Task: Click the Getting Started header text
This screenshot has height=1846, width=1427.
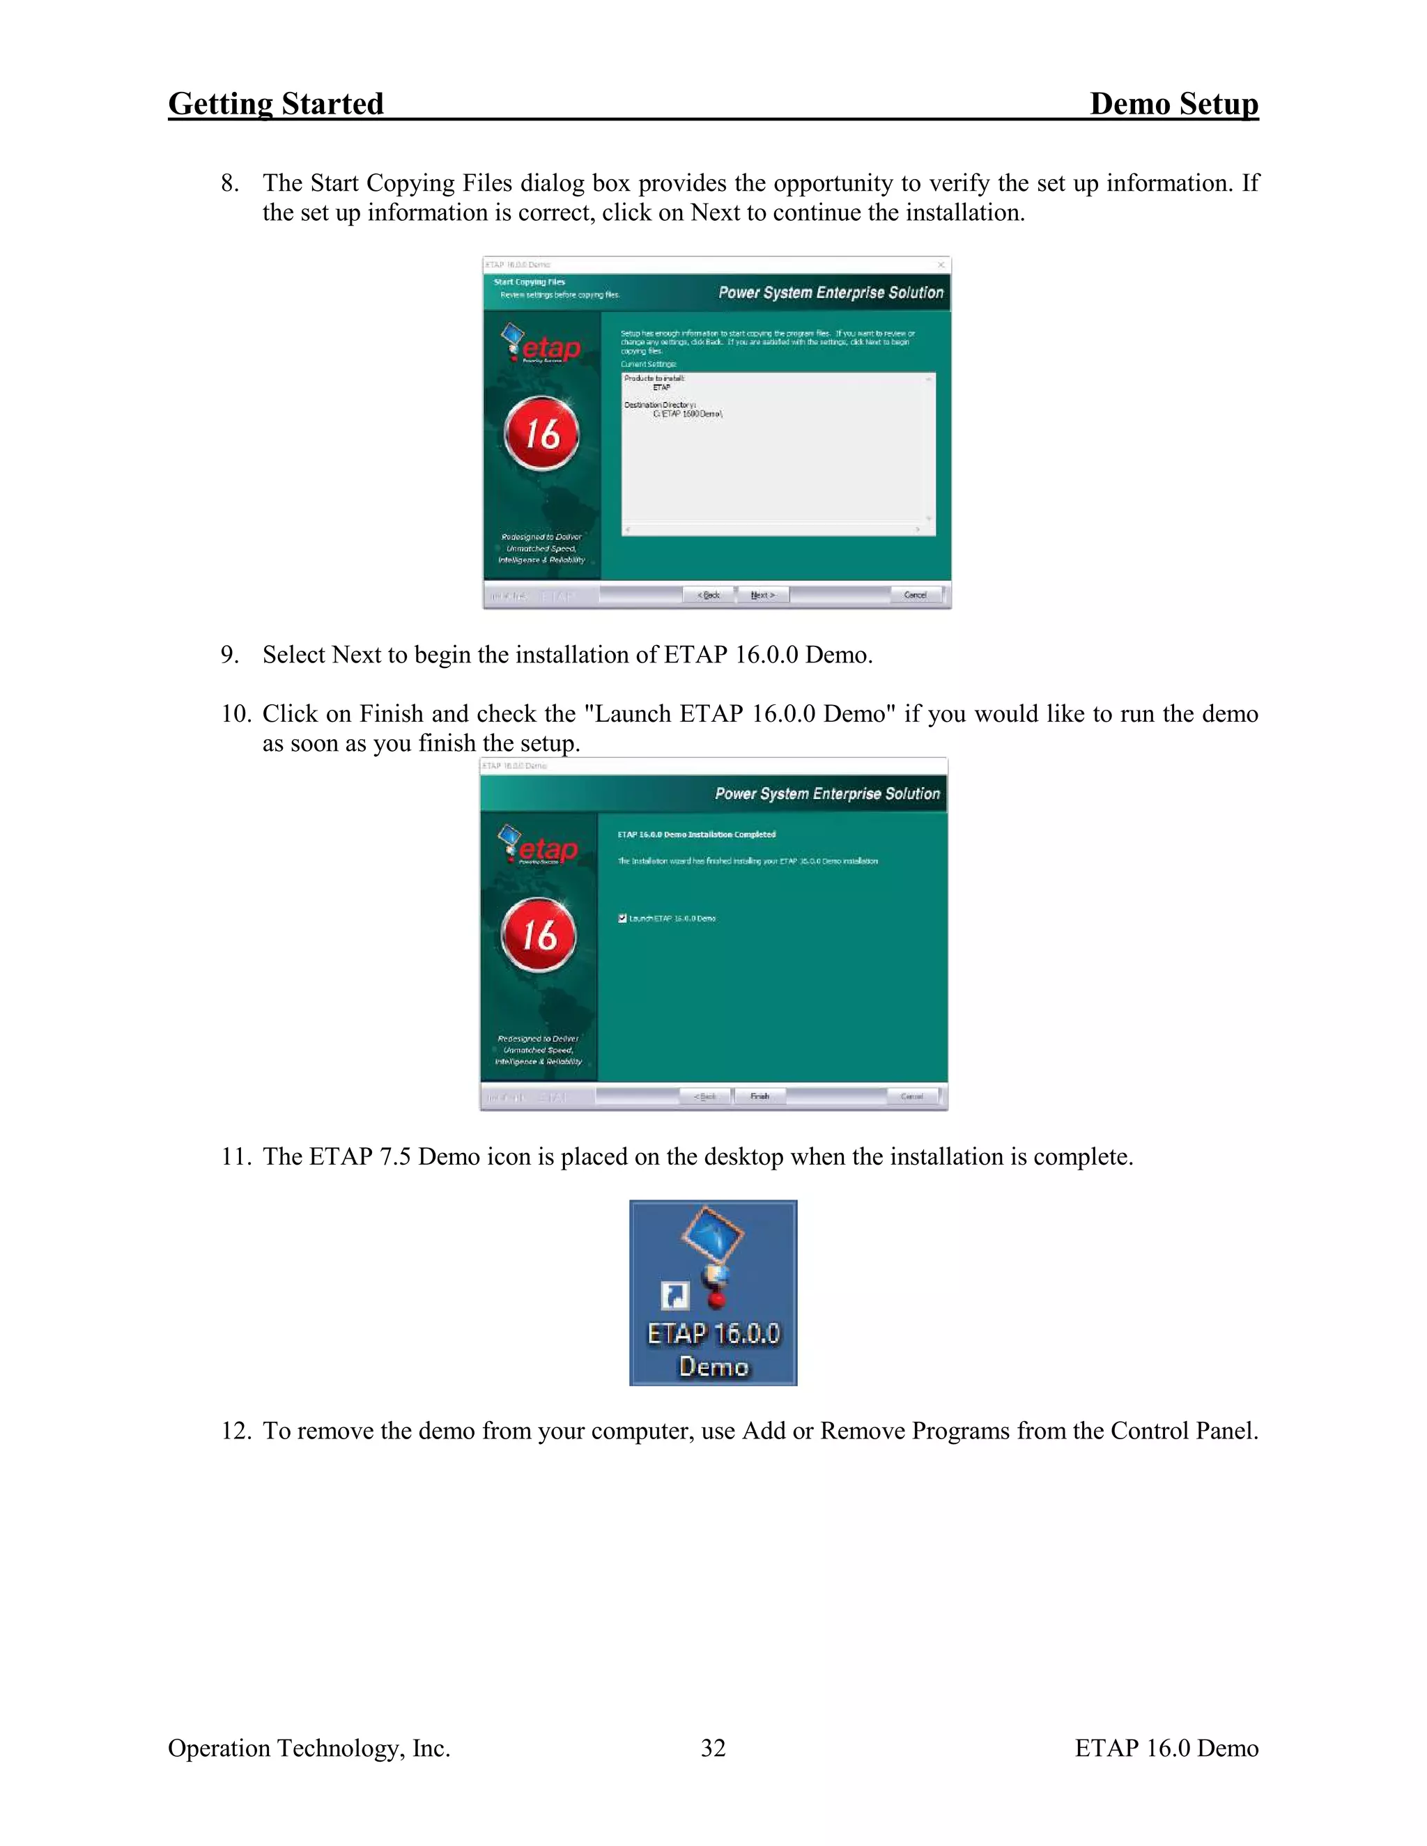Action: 276,104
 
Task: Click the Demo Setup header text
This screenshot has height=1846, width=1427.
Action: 1173,104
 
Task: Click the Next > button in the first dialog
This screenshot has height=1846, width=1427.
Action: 762,595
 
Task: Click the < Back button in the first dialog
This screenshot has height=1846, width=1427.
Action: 709,595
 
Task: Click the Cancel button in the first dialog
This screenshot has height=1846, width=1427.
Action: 915,595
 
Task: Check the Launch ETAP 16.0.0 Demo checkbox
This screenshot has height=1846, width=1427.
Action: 622,918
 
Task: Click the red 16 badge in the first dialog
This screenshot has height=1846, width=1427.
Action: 542,433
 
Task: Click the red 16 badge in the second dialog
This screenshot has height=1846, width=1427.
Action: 539,935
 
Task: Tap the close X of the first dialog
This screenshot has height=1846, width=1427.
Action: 940,265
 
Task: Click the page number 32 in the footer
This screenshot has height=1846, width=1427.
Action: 713,1747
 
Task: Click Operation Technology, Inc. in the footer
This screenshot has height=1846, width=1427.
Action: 309,1747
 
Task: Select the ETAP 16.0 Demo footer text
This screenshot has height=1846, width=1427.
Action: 1166,1747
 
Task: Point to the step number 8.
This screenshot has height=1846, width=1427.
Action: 229,183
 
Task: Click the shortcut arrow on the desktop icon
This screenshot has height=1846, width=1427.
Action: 674,1295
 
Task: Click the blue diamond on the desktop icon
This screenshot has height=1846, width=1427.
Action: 713,1235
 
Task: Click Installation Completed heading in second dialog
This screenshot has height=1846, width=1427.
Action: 696,835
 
